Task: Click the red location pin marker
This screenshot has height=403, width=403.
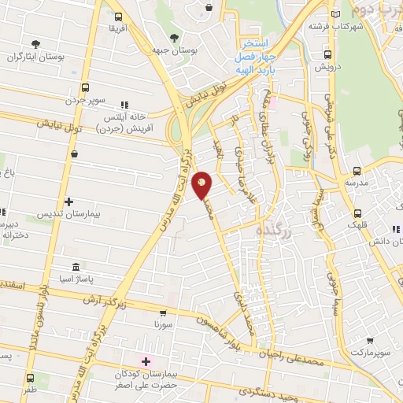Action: coord(202,184)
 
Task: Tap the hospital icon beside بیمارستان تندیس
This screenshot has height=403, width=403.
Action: coord(69,201)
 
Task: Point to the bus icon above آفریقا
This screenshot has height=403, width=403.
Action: coord(118,17)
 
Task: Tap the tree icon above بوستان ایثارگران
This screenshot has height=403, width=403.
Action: coord(34,44)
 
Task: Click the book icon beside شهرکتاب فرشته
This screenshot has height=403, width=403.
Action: coord(337,14)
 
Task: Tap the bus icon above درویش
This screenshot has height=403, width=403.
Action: coord(327,54)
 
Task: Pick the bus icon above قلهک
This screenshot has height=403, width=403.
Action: coord(358,213)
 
